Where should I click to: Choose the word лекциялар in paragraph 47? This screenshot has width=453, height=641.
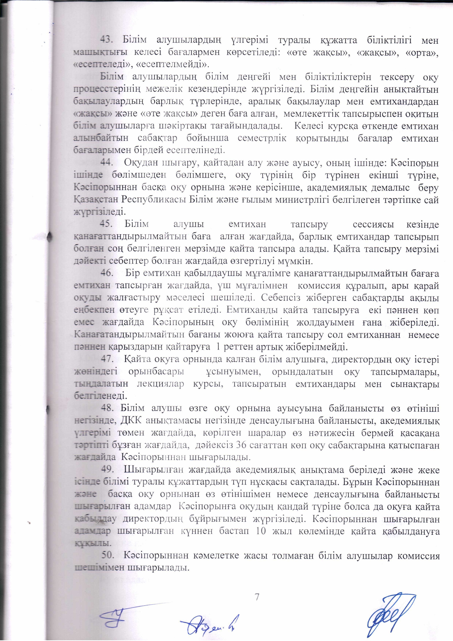coord(161,384)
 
